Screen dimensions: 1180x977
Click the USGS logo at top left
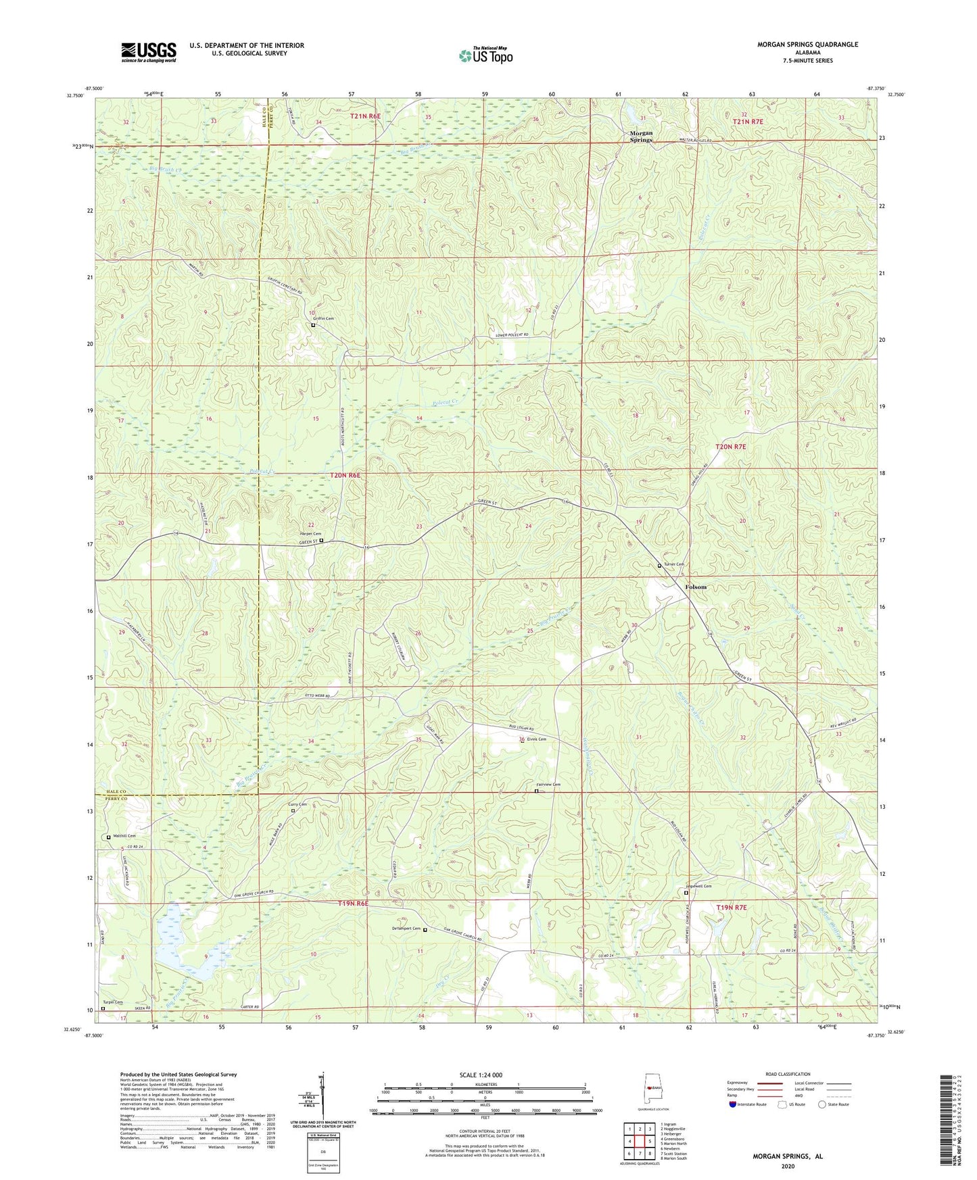(x=149, y=52)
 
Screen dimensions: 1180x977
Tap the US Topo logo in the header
(x=485, y=55)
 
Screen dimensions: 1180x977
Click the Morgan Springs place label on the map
(x=641, y=136)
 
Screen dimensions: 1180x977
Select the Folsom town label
(x=695, y=587)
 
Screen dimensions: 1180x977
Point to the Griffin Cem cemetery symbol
(x=313, y=325)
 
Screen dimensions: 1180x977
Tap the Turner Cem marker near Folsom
(x=659, y=566)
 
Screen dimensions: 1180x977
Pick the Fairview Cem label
(x=548, y=785)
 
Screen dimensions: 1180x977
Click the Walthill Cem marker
(x=109, y=837)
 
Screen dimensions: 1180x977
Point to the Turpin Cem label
(x=113, y=1002)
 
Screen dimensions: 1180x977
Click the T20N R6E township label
(x=345, y=476)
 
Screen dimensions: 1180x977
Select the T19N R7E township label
(x=732, y=907)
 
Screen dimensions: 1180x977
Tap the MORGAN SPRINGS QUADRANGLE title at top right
(x=807, y=45)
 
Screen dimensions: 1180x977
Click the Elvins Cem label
(x=537, y=739)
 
